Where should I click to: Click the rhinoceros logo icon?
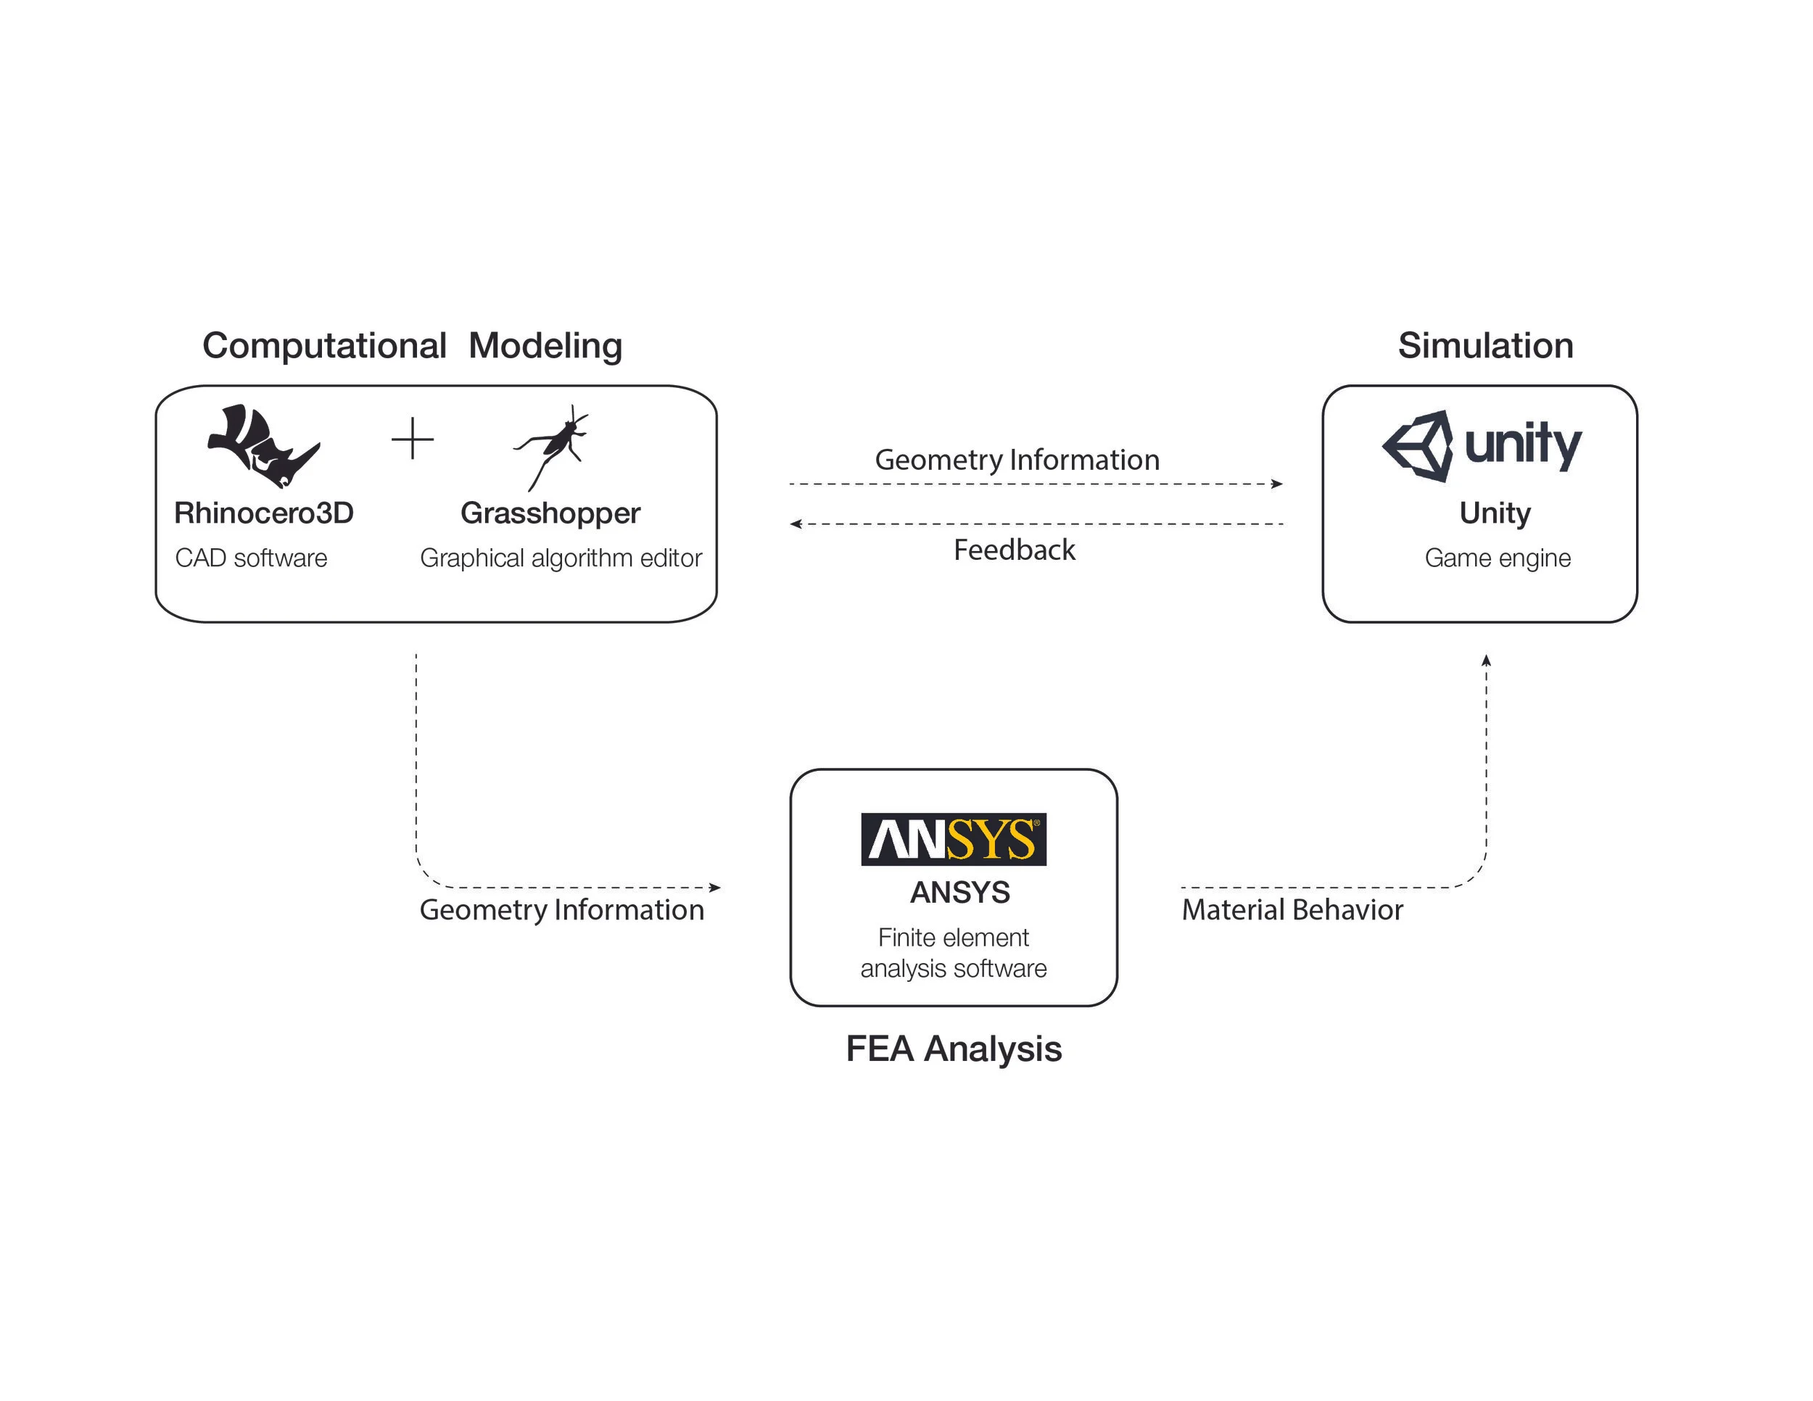tap(263, 446)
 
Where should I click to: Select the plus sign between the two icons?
tap(413, 438)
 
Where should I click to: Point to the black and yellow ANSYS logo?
tap(953, 839)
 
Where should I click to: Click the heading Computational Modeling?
tap(412, 345)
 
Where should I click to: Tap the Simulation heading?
tap(1485, 345)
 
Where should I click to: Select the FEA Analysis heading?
tap(953, 1049)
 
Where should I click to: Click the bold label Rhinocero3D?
tap(264, 513)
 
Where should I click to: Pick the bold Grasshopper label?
tap(550, 513)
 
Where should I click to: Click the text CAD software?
tap(251, 558)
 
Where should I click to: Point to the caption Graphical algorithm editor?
tap(561, 558)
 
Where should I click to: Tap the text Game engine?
tap(1498, 558)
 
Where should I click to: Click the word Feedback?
tap(1014, 550)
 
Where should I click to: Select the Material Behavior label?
tap(1292, 909)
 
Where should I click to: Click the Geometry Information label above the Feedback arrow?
tap(1017, 459)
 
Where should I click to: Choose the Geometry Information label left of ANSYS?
tap(561, 909)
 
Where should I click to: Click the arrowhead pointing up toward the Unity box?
tap(1486, 661)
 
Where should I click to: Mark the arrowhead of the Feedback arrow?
tap(796, 524)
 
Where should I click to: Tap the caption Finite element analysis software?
tap(953, 953)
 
